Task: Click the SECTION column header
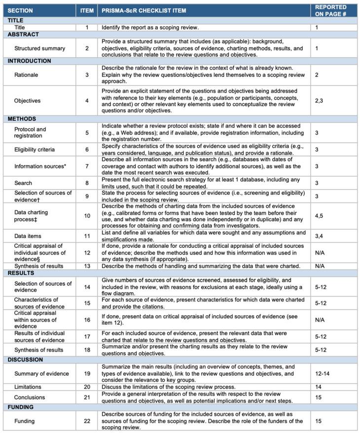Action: click(20, 10)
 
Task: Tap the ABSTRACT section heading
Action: click(23, 34)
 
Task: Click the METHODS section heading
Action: click(22, 119)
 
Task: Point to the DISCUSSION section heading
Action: click(25, 360)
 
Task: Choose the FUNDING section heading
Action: click(21, 407)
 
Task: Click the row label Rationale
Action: click(26, 75)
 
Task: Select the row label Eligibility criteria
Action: click(35, 149)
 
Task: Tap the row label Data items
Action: click(28, 236)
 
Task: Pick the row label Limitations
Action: click(28, 387)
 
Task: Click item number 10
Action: click(87, 216)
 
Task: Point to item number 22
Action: click(87, 421)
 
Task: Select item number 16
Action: click(87, 320)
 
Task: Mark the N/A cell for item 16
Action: click(320, 320)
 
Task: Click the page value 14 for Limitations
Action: click(318, 387)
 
